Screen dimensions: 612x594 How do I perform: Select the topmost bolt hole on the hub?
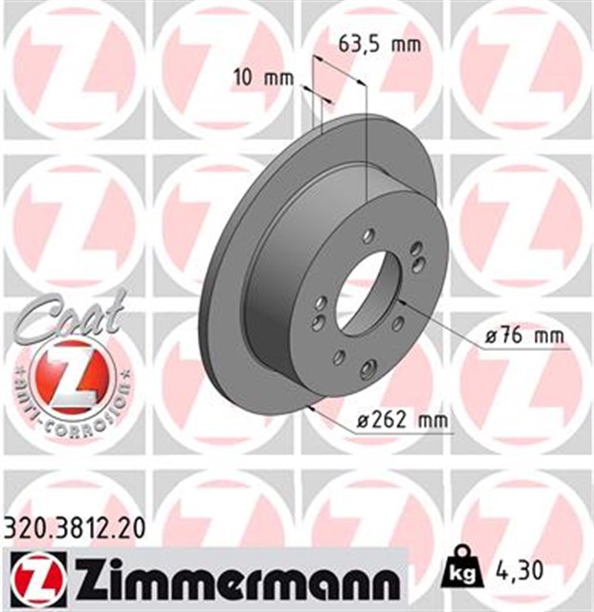(369, 234)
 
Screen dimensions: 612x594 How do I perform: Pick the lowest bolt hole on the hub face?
(366, 368)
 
